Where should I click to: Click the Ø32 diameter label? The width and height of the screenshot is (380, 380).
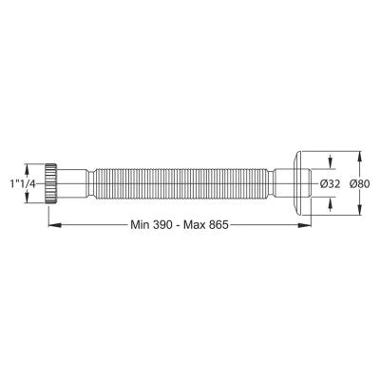330,183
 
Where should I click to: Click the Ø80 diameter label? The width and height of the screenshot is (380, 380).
360,183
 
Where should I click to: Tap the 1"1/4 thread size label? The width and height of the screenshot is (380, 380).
23,183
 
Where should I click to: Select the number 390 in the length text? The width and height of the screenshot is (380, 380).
162,225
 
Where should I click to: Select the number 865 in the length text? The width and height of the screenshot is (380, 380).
218,225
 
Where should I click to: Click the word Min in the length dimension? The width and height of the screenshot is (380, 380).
141,225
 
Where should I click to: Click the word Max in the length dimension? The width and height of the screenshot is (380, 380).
195,225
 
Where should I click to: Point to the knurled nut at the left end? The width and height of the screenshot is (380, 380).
50,183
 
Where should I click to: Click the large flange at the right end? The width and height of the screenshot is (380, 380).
298,183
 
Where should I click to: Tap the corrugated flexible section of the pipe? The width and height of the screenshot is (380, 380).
181,183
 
